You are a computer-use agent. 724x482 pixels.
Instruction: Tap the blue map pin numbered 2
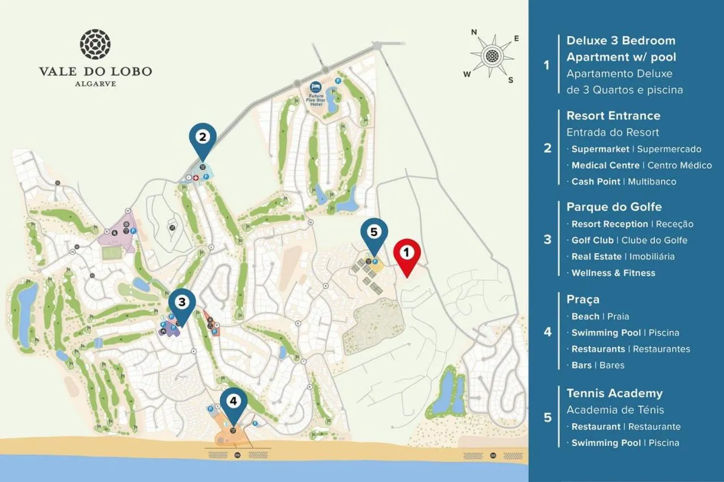203,137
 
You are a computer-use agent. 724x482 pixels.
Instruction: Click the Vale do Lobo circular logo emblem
95,45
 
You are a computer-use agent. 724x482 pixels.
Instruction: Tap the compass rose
493,56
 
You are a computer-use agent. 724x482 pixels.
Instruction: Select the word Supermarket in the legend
600,149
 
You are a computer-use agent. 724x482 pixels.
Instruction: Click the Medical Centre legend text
605,166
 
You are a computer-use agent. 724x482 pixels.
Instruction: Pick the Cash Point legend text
596,181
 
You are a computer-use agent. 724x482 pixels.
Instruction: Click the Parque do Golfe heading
614,207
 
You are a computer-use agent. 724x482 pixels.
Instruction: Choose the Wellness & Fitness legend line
613,273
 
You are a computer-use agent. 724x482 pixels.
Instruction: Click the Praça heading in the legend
583,299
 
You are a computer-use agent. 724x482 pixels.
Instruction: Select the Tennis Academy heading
614,393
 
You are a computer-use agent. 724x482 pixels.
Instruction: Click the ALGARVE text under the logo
95,84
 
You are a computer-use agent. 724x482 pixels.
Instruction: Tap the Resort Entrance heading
613,116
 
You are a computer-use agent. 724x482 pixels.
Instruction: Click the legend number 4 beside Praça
547,332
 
